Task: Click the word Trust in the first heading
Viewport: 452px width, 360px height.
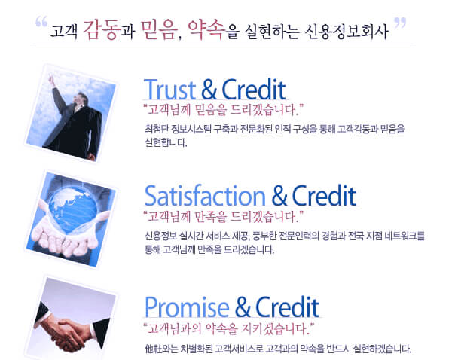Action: click(169, 90)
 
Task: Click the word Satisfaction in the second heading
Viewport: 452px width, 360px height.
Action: click(205, 195)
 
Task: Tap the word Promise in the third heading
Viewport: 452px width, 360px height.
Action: click(187, 308)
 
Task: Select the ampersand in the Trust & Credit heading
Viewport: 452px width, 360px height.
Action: click(209, 90)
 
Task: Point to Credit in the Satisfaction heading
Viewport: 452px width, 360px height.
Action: click(324, 195)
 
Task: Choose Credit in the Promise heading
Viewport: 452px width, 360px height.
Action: click(287, 307)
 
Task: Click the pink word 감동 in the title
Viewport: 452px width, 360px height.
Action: click(101, 29)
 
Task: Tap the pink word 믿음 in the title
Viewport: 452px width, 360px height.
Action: click(159, 29)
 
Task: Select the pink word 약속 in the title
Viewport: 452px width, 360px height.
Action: click(206, 29)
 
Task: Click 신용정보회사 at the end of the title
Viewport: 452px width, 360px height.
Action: click(347, 32)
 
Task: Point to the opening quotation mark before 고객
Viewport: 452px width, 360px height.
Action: click(41, 22)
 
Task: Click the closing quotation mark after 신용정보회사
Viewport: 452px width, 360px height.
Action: click(400, 23)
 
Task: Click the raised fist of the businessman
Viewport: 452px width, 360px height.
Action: click(51, 79)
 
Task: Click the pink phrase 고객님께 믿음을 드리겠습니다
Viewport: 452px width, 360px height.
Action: click(224, 110)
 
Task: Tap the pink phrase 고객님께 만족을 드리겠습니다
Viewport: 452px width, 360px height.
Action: click(224, 217)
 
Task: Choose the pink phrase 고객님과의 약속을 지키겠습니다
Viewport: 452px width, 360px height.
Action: click(228, 328)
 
